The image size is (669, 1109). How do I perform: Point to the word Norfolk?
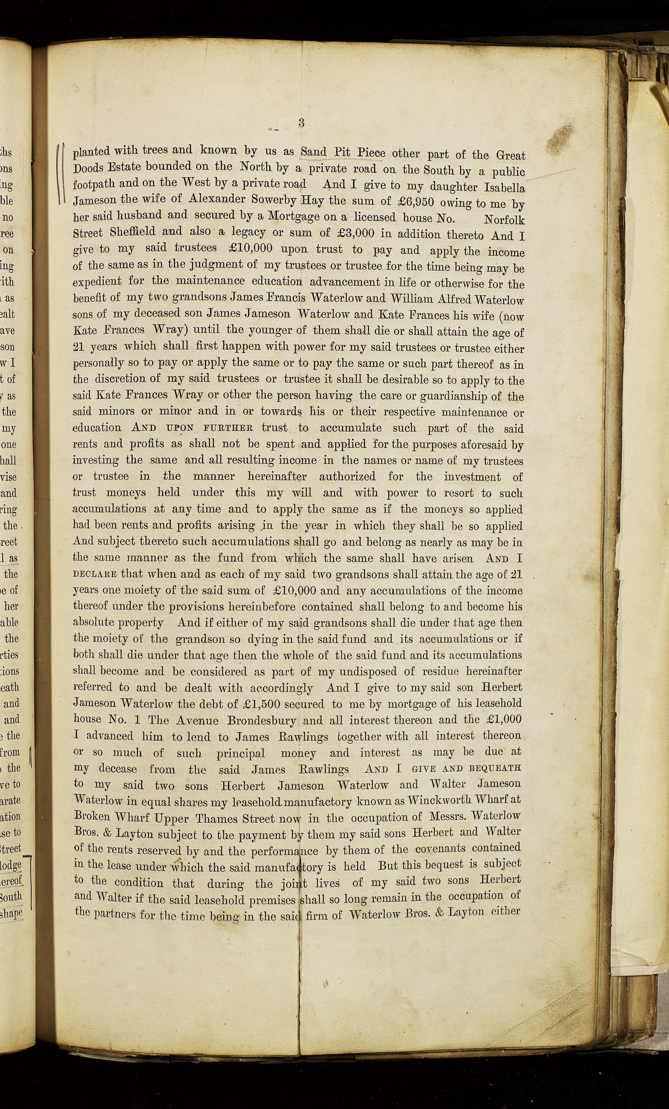coord(504,220)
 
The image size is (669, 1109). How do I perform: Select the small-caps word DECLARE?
coord(95,575)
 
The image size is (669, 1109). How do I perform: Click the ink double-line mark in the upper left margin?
coord(62,173)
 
